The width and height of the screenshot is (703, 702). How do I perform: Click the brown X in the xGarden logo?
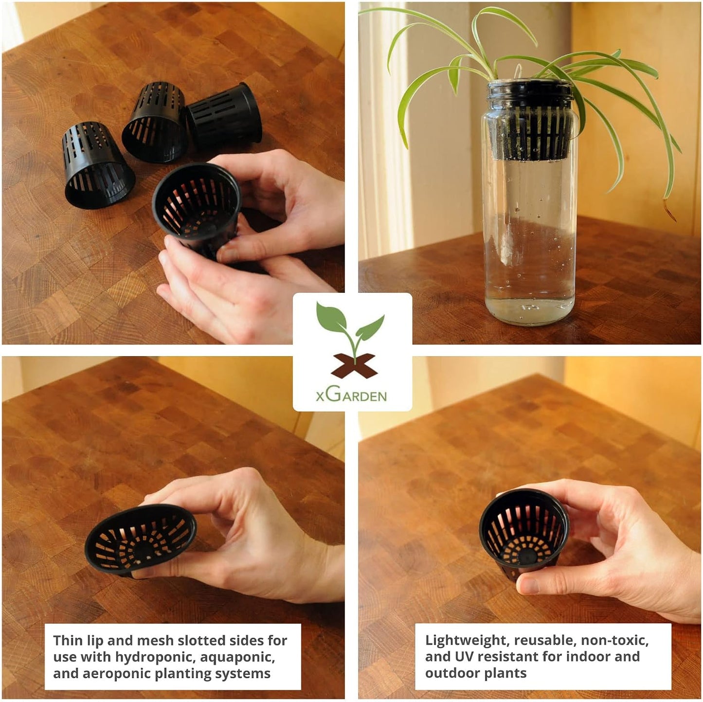point(354,366)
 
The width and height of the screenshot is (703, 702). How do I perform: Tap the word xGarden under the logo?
point(351,396)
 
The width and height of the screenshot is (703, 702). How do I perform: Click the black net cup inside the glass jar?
point(530,121)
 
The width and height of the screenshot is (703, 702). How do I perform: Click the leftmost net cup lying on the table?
point(98,165)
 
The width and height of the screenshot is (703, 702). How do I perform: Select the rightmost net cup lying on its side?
point(225,114)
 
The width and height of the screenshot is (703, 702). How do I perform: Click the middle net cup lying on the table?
point(154,122)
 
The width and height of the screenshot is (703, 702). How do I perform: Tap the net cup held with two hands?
point(198,209)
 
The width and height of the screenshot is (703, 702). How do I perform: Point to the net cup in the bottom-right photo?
point(523,532)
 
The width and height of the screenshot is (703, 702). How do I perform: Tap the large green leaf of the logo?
point(331,317)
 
